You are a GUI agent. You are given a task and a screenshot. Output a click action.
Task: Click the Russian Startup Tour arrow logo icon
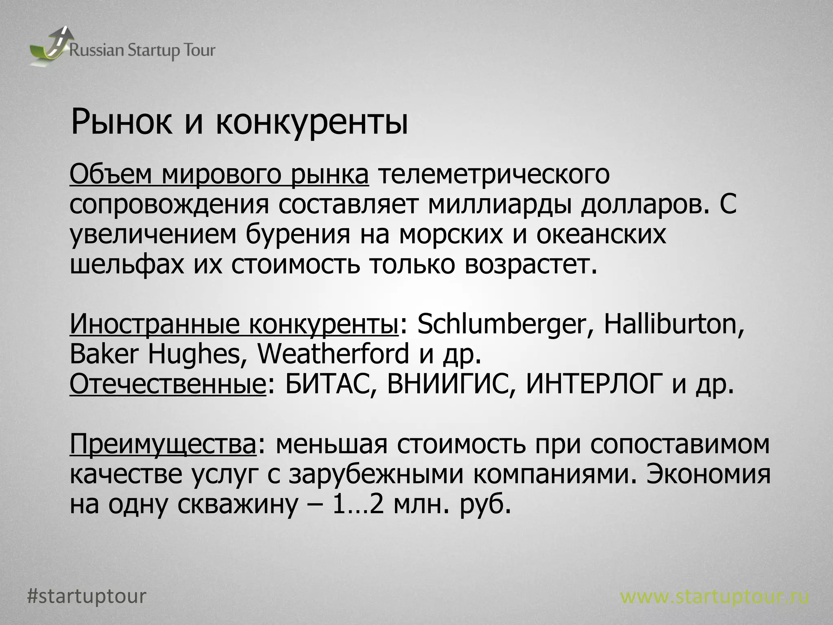click(48, 46)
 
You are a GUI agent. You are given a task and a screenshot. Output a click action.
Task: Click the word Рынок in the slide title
click(121, 122)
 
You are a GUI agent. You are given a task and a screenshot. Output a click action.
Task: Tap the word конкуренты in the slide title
click(311, 122)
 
